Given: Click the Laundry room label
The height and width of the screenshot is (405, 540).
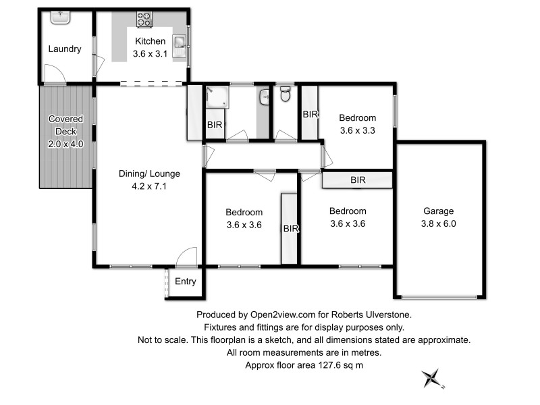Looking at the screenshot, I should point(65,49).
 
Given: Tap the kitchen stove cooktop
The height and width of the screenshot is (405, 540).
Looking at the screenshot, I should point(144,20).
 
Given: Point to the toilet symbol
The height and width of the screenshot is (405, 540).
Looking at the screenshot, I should point(285,94).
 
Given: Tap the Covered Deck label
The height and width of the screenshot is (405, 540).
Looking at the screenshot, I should point(65,132).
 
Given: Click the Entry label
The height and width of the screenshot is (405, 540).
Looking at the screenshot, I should point(186,281).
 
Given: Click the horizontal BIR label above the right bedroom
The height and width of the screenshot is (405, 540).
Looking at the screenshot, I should point(358,180).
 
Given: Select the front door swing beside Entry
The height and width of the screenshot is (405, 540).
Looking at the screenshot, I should point(186,257).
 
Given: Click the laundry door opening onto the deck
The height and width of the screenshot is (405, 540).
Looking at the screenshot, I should point(54,74).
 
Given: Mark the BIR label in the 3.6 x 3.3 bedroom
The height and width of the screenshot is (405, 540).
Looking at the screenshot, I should point(310,115).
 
